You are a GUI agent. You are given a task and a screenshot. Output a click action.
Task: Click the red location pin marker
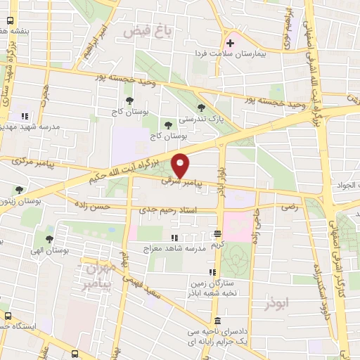tap(181, 165)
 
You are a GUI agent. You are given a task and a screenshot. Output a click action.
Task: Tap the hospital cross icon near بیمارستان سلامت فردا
tap(231, 42)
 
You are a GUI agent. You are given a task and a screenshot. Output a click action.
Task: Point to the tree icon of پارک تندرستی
tap(202, 108)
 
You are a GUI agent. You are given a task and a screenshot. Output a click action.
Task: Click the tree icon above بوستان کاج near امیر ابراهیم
tap(117, 100)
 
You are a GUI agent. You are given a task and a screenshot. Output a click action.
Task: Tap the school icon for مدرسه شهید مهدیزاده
tap(25, 115)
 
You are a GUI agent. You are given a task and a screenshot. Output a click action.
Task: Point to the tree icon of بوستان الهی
tap(49, 238)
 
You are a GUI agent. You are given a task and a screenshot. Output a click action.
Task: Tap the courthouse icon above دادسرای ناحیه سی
tap(216, 321)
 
